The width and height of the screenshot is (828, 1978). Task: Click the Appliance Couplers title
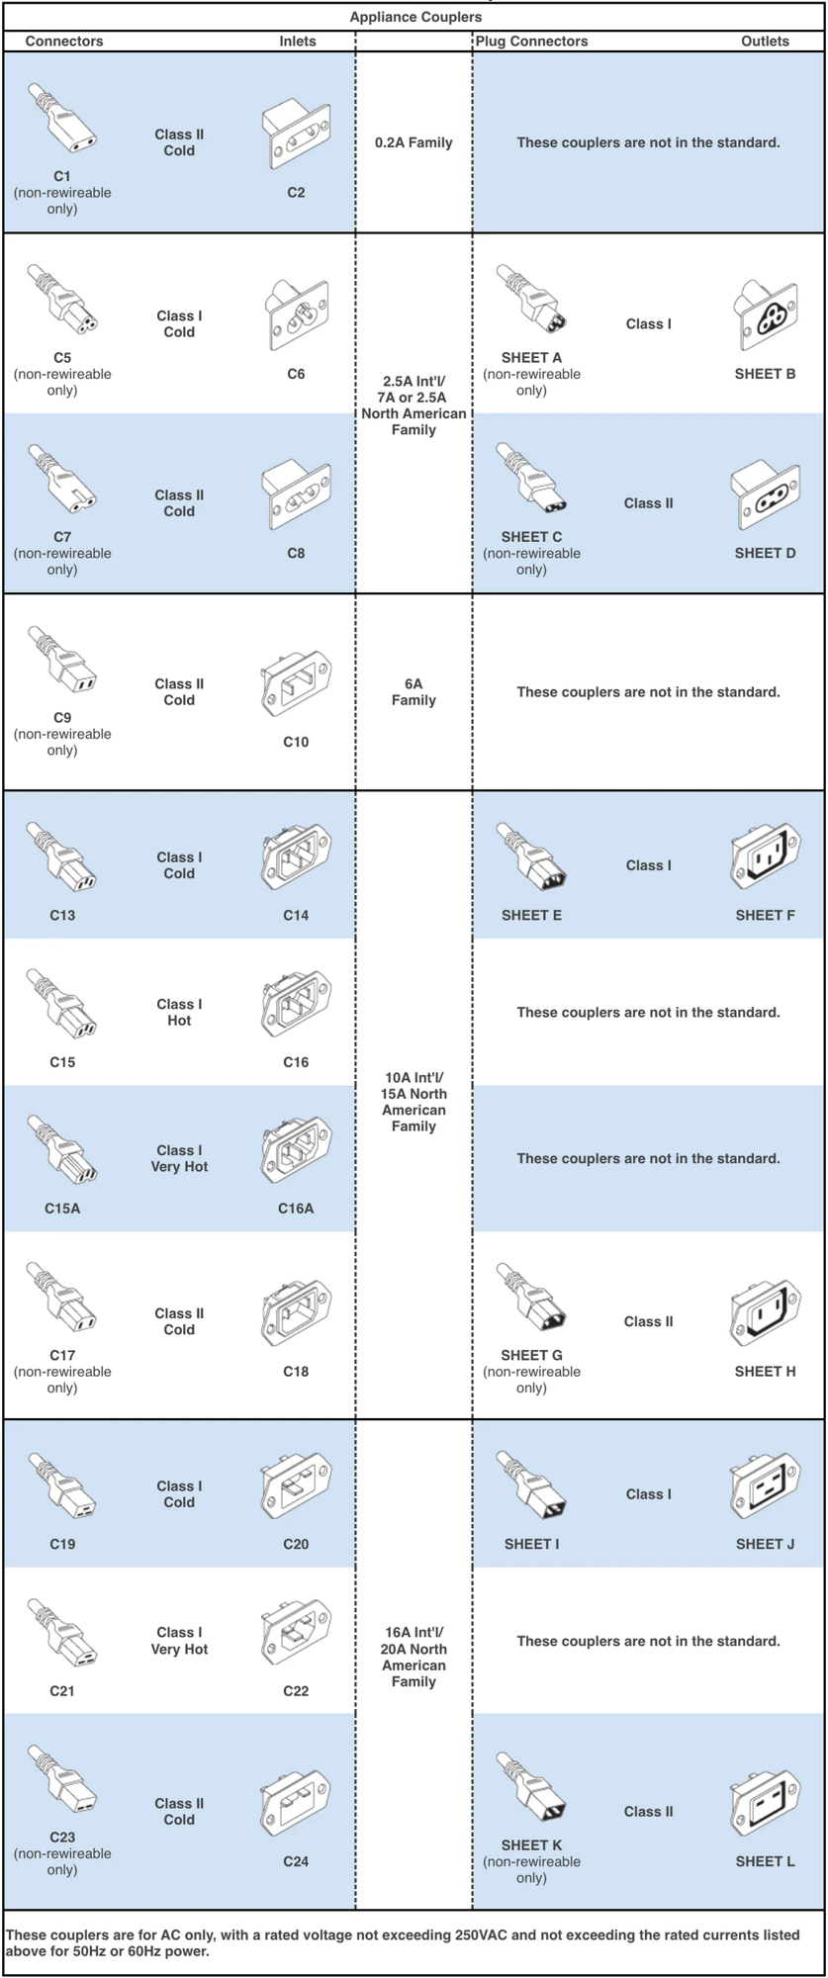[x=415, y=17]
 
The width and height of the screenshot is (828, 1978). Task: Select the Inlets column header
[x=297, y=41]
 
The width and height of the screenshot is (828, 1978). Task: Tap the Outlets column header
[x=765, y=41]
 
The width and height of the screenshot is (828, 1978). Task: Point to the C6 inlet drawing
[x=296, y=315]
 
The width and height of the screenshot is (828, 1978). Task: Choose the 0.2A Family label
[x=414, y=142]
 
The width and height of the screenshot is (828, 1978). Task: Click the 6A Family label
[x=414, y=691]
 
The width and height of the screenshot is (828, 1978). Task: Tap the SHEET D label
[x=765, y=553]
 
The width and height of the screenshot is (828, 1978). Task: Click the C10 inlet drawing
[x=296, y=683]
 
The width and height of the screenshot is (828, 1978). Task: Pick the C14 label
[x=296, y=915]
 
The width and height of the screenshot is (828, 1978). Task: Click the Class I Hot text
[x=179, y=1012]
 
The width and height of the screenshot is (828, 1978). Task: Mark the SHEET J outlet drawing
[x=766, y=1485]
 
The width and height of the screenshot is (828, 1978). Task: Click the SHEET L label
[x=765, y=1861]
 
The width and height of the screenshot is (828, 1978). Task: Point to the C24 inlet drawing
[x=296, y=1803]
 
